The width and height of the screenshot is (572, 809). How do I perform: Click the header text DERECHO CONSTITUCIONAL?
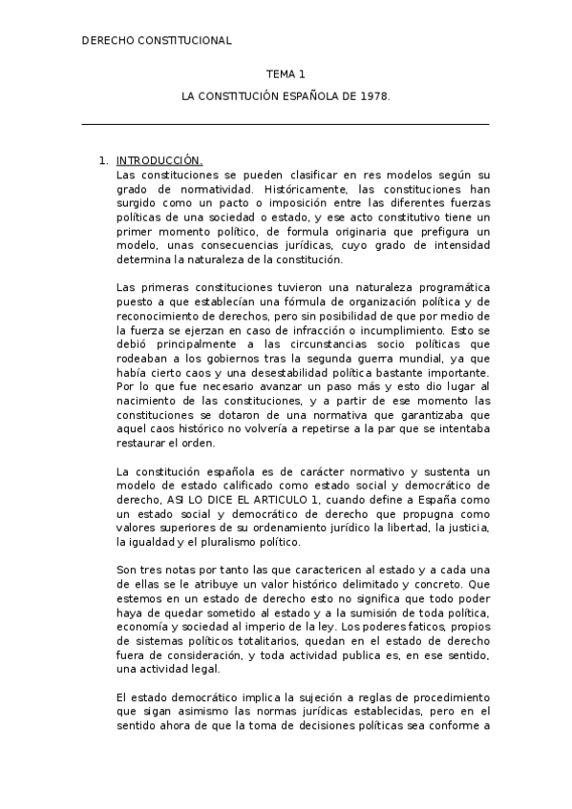tap(158, 41)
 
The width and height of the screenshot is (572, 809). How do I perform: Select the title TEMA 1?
tap(286, 73)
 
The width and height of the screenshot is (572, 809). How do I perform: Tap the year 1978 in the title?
tap(372, 97)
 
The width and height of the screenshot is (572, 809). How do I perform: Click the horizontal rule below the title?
tap(286, 124)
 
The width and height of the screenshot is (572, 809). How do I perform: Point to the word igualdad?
tap(148, 542)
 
